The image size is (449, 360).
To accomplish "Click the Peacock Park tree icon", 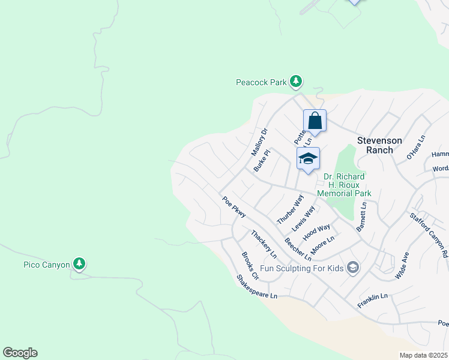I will [295, 81].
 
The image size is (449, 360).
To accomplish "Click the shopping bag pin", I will [315, 121].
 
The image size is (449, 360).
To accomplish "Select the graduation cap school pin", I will [308, 159].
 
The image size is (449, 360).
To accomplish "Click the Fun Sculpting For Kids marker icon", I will [354, 268].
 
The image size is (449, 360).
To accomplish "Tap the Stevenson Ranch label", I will [384, 145].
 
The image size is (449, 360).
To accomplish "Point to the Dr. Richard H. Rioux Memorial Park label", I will [348, 185].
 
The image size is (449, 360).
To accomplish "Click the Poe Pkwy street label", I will [234, 208].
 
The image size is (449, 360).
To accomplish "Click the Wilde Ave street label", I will [402, 266].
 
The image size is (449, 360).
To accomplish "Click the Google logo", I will [20, 353].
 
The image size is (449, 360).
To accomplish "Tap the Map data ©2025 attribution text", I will [423, 355].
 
